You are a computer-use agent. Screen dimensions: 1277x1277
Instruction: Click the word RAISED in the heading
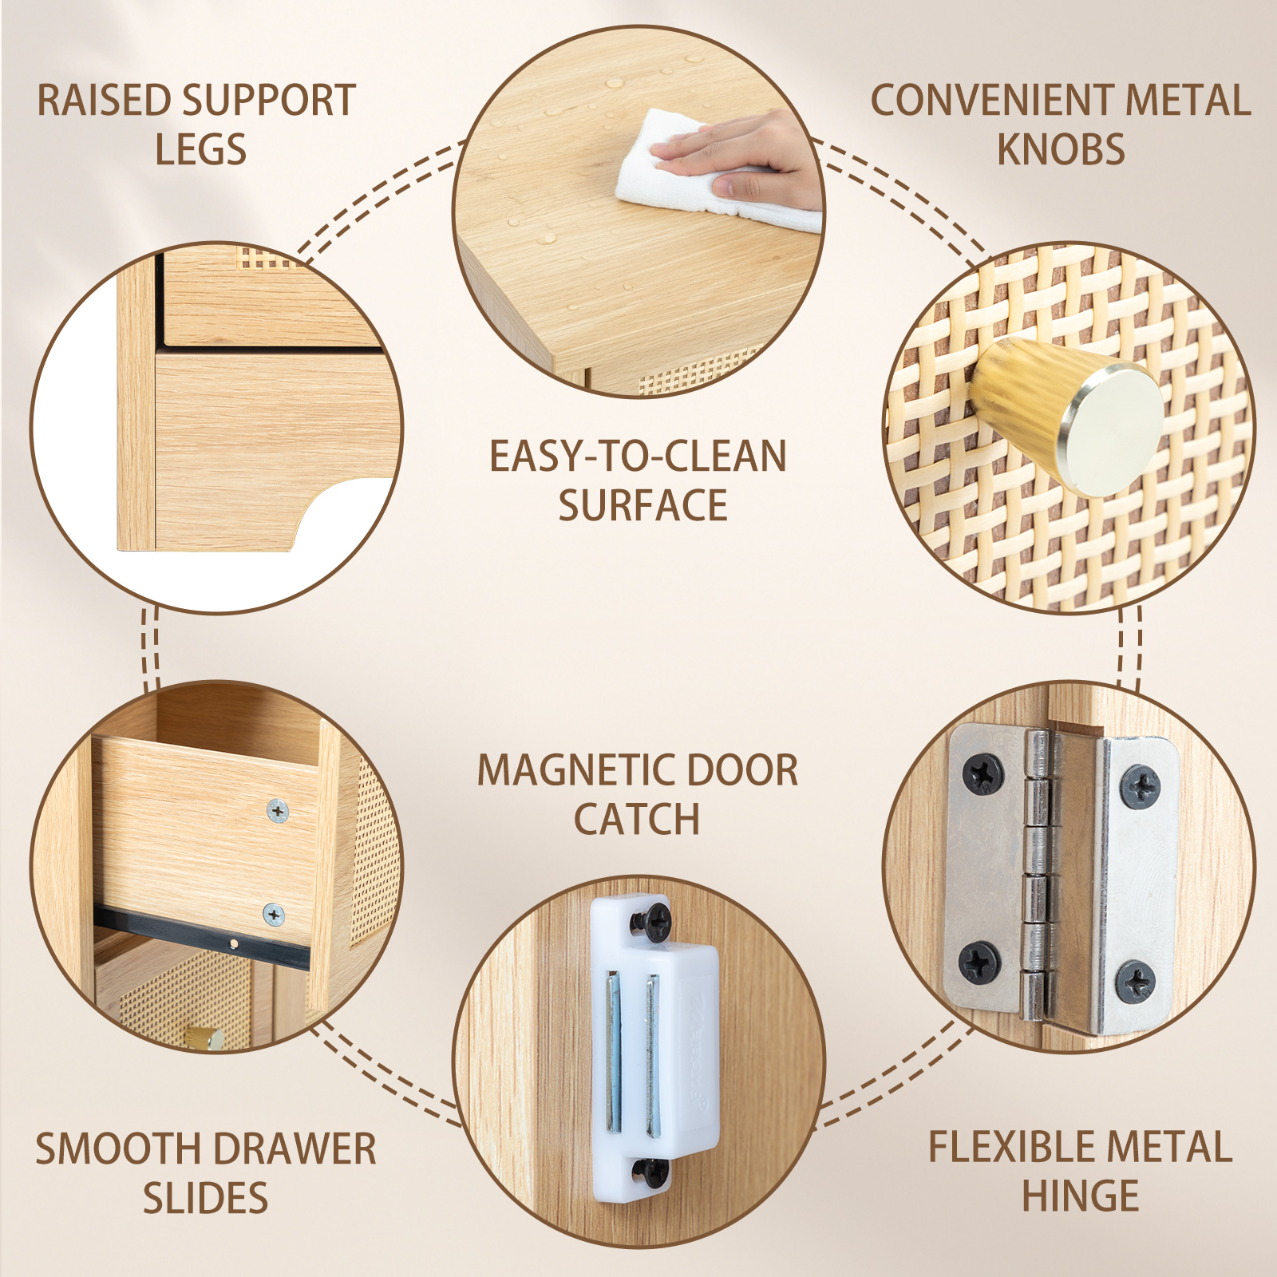(104, 101)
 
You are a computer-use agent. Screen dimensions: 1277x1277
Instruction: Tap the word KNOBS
(1061, 149)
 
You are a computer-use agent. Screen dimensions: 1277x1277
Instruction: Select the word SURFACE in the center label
(642, 505)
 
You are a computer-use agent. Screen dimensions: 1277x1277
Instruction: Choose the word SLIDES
(205, 1198)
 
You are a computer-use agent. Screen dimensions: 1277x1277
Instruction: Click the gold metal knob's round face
(1110, 428)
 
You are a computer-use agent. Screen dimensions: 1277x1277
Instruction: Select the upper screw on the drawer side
(277, 811)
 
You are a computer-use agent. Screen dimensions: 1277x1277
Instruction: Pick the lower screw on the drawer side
(274, 915)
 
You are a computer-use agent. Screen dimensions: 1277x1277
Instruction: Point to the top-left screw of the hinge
(982, 773)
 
